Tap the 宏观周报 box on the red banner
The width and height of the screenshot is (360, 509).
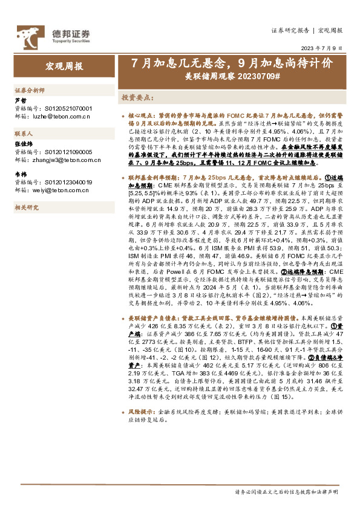point(65,66)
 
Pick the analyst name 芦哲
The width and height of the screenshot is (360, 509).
point(20,100)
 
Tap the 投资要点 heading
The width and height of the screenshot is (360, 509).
point(137,97)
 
